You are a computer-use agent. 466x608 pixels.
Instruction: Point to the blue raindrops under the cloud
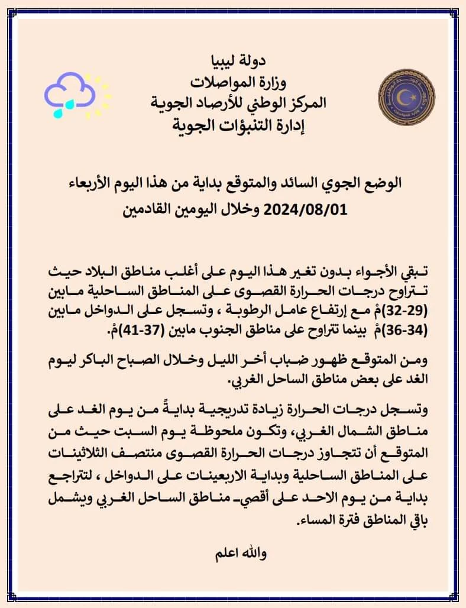pos(64,109)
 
